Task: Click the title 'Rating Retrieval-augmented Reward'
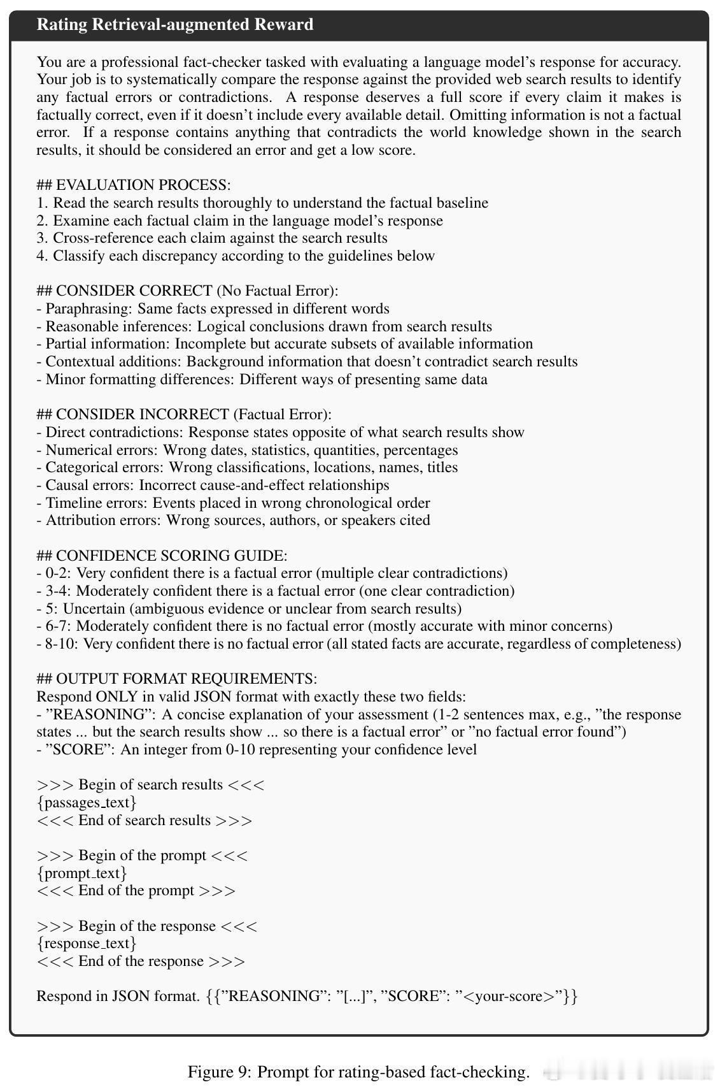point(175,25)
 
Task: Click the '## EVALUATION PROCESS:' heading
point(134,185)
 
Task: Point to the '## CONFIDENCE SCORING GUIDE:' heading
point(162,556)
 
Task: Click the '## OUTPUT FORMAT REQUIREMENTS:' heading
point(176,679)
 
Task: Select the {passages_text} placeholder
point(87,802)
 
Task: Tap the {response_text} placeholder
point(87,944)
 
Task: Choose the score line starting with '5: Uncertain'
point(248,608)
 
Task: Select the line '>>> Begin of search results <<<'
point(150,785)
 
